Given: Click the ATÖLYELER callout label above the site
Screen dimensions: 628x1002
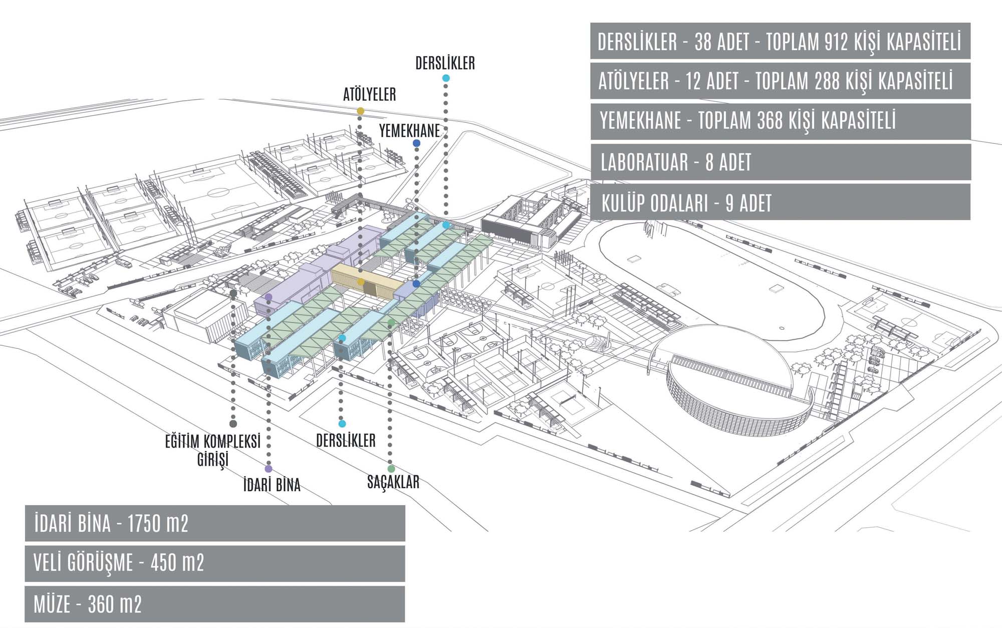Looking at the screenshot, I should [369, 94].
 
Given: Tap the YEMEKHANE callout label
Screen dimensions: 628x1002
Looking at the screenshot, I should [409, 131].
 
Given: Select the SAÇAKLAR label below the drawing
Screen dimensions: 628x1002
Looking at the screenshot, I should [393, 482].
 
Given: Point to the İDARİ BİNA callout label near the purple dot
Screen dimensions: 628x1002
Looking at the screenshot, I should [272, 485].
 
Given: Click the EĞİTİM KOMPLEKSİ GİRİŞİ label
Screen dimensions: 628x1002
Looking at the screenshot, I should [213, 450].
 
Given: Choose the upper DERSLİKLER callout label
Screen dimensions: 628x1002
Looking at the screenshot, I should [445, 63].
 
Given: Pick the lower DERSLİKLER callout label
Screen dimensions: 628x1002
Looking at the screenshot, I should [346, 441].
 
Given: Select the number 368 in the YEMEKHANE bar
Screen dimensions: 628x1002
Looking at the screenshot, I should [771, 121].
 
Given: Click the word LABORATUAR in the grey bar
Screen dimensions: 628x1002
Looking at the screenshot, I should [644, 162].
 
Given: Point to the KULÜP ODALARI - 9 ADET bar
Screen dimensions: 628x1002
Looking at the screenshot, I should [686, 203].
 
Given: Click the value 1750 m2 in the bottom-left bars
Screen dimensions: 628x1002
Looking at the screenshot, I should [158, 524].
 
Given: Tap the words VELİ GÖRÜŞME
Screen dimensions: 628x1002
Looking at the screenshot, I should [83, 563].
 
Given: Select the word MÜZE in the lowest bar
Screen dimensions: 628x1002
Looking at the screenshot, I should [52, 604].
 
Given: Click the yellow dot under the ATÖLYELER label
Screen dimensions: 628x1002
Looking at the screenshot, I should [361, 111].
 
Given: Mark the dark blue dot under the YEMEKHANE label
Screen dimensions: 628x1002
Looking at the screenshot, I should [416, 143].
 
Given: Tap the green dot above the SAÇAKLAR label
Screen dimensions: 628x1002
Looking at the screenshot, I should [391, 469].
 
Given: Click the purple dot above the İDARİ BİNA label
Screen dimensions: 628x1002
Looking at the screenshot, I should [269, 469].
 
